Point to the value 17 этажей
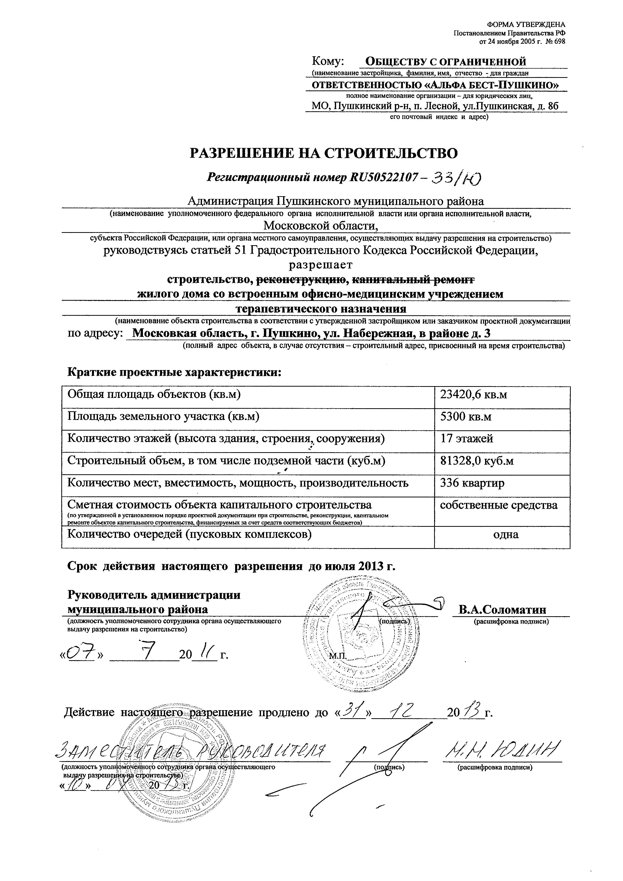(x=466, y=439)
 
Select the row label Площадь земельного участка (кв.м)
(x=164, y=417)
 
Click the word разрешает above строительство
(x=320, y=265)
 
